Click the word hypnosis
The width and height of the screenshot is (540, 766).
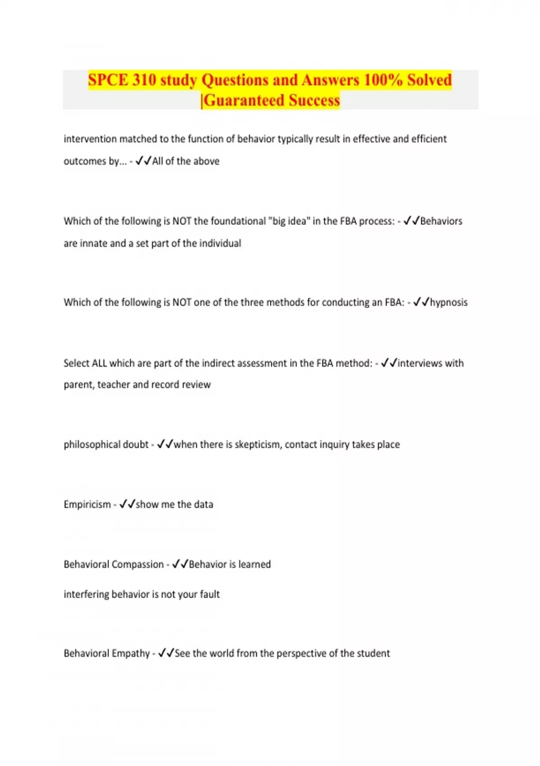point(449,302)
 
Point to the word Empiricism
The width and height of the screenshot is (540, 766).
point(87,504)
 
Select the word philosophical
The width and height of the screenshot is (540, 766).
point(92,445)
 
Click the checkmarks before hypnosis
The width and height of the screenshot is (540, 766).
point(421,302)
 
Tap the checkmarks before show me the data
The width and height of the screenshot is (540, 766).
point(127,504)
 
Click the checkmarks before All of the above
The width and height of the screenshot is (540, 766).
point(144,161)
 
